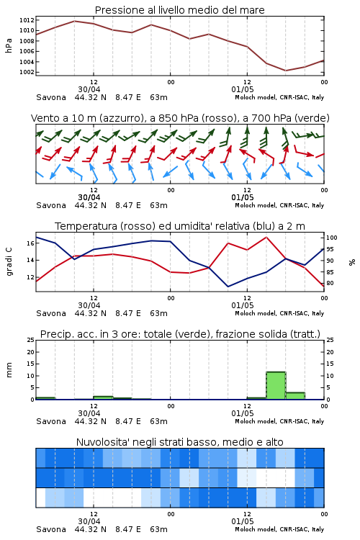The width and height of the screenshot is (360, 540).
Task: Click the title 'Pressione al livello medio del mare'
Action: pyautogui.click(x=179, y=10)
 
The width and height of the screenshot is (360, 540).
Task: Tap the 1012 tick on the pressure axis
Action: pyautogui.click(x=27, y=20)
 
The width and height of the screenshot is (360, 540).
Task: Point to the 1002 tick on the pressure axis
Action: pyautogui.click(x=27, y=72)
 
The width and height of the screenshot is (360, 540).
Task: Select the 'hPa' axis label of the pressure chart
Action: pyautogui.click(x=9, y=45)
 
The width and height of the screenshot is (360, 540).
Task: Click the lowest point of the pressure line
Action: pyautogui.click(x=285, y=71)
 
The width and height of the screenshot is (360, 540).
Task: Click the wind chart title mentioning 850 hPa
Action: pyautogui.click(x=180, y=118)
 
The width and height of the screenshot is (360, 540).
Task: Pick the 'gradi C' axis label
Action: pyautogui.click(x=9, y=262)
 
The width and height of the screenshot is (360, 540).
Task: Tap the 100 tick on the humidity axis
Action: pyautogui.click(x=331, y=238)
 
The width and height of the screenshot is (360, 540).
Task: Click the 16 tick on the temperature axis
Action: pyautogui.click(x=30, y=243)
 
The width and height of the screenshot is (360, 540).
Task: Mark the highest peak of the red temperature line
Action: pyautogui.click(x=266, y=238)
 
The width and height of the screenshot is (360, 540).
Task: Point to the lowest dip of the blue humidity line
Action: pyautogui.click(x=228, y=287)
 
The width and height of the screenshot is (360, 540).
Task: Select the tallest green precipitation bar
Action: pyautogui.click(x=276, y=385)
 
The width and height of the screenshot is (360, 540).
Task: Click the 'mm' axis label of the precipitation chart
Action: pyautogui.click(x=9, y=369)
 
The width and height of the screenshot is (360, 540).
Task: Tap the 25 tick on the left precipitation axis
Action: pyautogui.click(x=30, y=340)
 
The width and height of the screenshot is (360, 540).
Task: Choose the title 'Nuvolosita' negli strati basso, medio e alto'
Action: pyautogui.click(x=179, y=442)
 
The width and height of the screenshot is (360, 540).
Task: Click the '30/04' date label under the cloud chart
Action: pyautogui.click(x=89, y=521)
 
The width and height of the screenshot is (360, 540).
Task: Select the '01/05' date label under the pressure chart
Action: pyautogui.click(x=243, y=89)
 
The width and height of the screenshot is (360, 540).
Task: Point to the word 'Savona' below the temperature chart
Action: pyautogui.click(x=51, y=313)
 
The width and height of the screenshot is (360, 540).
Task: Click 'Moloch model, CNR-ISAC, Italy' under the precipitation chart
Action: pyautogui.click(x=279, y=421)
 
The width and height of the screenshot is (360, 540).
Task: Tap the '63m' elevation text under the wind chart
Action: pyautogui.click(x=159, y=205)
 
